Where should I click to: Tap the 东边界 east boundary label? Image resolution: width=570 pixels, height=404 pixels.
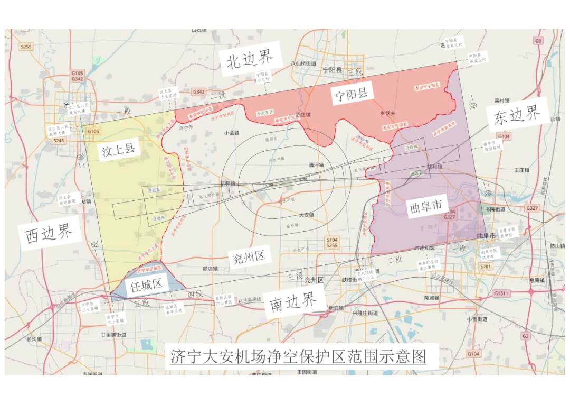[x=518, y=116]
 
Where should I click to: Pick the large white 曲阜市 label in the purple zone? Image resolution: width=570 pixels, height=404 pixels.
[x=425, y=206]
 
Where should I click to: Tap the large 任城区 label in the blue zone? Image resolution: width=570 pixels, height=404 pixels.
[x=146, y=286]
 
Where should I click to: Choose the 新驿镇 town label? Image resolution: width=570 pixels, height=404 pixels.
[x=227, y=183]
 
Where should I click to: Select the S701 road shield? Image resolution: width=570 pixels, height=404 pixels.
[x=486, y=267]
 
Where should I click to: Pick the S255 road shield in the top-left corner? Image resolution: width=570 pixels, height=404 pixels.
[x=25, y=47]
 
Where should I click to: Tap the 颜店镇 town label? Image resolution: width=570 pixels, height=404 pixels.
[x=210, y=269]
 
